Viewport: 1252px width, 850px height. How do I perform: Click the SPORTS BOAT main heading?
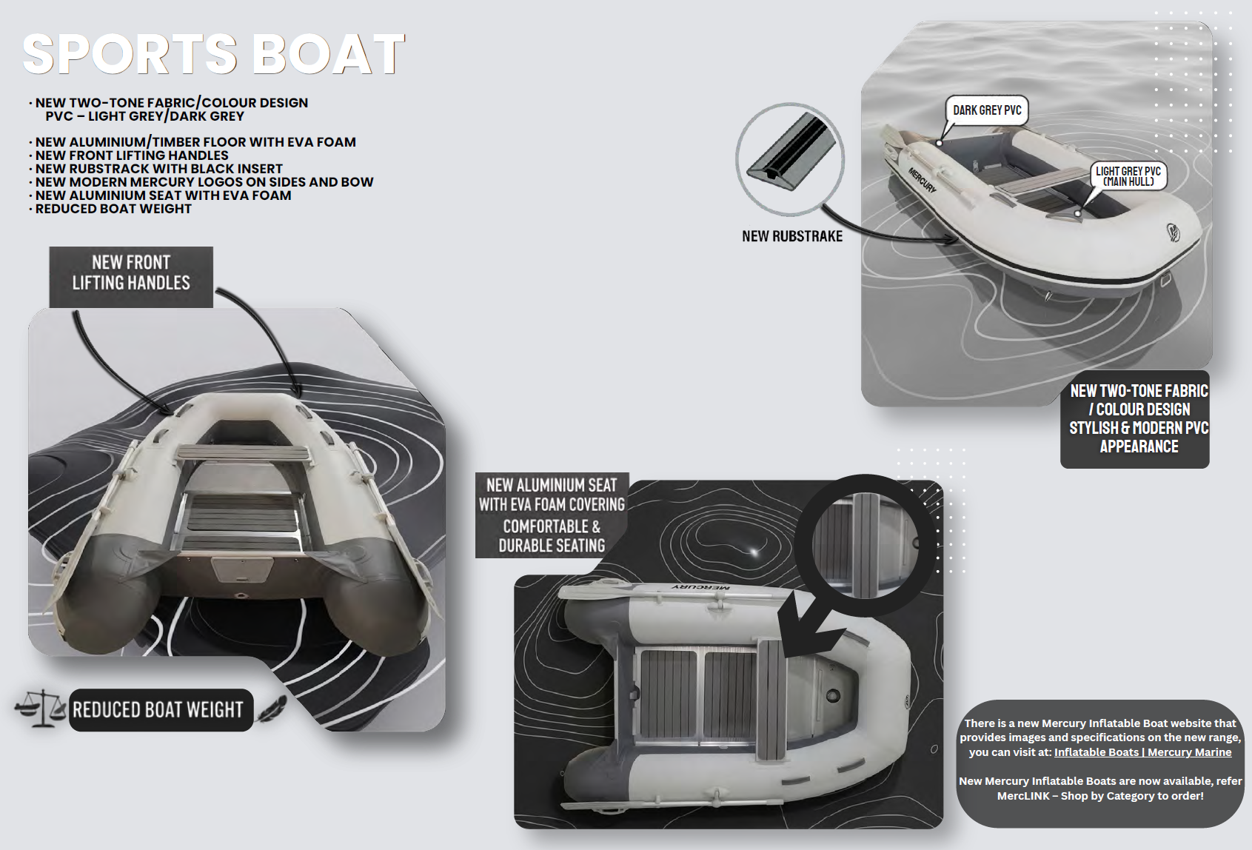click(213, 53)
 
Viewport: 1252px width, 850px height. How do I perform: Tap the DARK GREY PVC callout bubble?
click(986, 110)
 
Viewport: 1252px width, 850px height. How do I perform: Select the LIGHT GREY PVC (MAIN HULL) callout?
click(1128, 176)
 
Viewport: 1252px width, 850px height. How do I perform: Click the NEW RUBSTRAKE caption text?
click(792, 236)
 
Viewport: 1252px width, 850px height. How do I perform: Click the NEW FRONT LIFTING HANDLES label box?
click(131, 277)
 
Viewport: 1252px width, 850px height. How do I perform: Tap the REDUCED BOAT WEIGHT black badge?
click(161, 710)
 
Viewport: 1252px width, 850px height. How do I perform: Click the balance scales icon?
click(40, 709)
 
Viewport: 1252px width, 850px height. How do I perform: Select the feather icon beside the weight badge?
click(272, 708)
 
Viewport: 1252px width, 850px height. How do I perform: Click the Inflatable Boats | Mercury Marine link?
click(1142, 752)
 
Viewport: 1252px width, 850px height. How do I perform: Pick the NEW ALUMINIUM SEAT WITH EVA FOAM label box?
click(552, 515)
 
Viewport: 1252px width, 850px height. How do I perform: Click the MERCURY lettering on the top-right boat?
click(922, 180)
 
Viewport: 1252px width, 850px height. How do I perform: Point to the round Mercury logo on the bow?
click(1173, 231)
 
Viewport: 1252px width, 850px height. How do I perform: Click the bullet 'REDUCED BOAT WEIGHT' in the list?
click(113, 209)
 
